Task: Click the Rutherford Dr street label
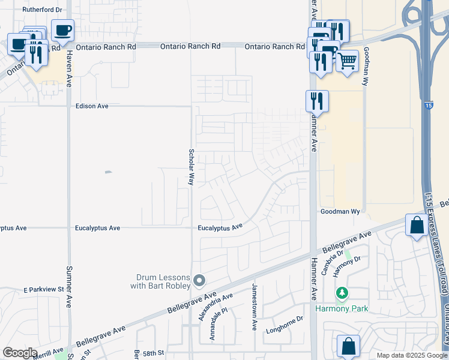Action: tap(41, 10)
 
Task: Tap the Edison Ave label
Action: tap(92, 106)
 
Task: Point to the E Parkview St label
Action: tap(44, 290)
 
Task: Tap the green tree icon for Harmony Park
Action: tap(342, 293)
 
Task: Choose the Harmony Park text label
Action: tap(342, 309)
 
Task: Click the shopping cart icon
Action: tap(347, 60)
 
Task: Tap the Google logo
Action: tap(20, 353)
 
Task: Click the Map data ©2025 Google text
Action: tap(411, 355)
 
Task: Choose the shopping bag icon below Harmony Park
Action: tap(348, 346)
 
